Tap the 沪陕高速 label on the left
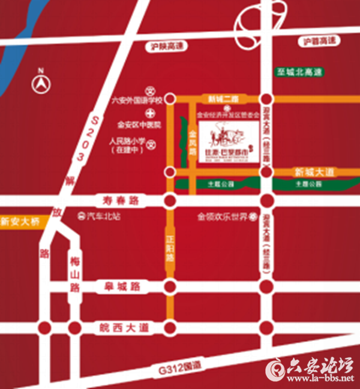(x=165, y=46)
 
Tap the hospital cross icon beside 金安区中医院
(x=148, y=113)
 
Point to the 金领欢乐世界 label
(x=223, y=216)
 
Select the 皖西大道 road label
(x=122, y=328)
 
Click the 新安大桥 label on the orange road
(x=20, y=222)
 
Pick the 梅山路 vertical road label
(x=74, y=273)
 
